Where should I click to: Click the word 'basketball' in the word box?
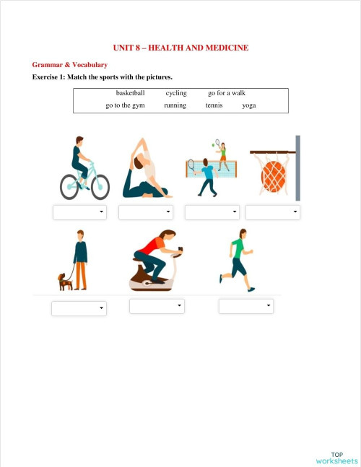point(130,93)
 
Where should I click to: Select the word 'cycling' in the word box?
point(176,93)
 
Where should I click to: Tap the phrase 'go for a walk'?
point(227,93)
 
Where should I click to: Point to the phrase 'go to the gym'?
point(125,105)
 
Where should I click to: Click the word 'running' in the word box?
point(175,105)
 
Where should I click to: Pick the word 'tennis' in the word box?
point(214,105)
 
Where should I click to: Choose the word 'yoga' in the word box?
point(249,105)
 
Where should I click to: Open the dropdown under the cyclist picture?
point(79,212)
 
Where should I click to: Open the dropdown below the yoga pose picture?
point(145,212)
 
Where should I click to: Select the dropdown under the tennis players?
point(212,212)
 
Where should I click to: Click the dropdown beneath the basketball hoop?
point(272,212)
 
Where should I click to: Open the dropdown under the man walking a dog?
point(79,308)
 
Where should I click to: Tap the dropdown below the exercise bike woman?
point(157,306)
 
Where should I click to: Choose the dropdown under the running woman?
point(246,306)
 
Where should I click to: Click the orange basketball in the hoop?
point(274,176)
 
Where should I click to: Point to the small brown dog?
point(66,281)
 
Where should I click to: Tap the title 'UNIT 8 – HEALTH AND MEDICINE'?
point(180,48)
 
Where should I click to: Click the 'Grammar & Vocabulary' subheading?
point(70,65)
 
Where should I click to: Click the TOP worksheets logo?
point(336,457)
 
